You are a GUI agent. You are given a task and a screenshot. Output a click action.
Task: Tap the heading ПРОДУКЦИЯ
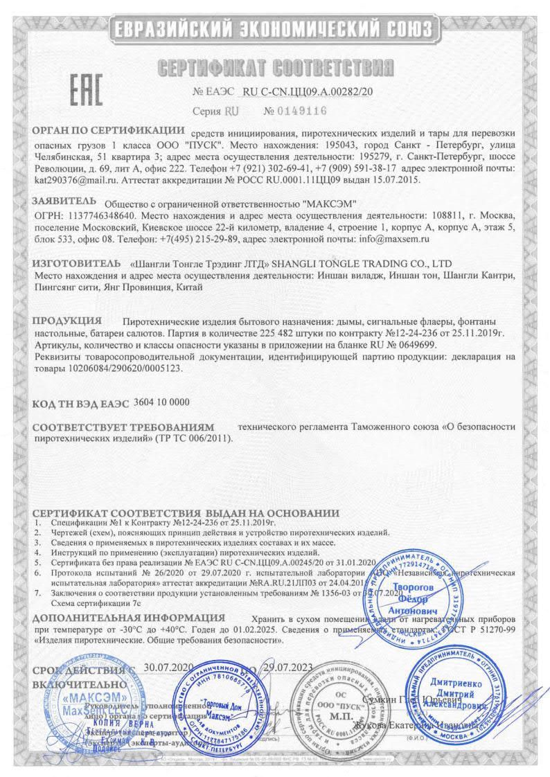coord(68,321)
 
